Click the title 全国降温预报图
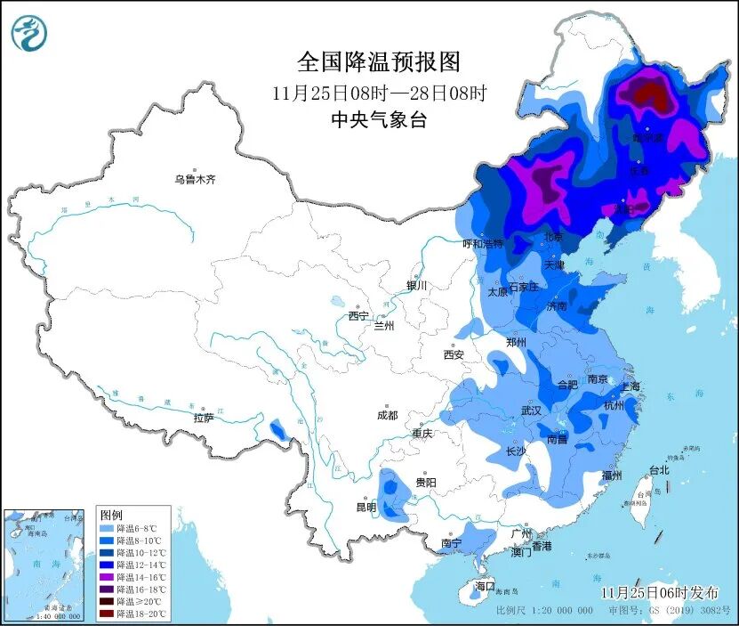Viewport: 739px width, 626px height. coord(379,61)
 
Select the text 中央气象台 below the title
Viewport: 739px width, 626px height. coord(379,120)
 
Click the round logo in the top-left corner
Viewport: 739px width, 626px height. coord(28,33)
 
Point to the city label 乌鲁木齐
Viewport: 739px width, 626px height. coord(195,179)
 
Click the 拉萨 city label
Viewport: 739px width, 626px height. coord(204,418)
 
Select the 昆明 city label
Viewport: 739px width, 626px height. coord(365,508)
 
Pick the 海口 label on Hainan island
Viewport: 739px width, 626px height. coord(484,586)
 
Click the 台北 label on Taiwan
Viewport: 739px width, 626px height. coord(658,469)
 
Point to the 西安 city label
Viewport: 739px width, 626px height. coord(454,354)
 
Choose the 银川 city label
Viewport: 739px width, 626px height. coord(417,286)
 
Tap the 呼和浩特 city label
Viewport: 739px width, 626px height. coord(483,243)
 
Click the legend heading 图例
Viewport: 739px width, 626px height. coord(111,516)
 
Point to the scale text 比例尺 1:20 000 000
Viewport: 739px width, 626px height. coord(544,611)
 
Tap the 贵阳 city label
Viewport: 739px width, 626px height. coord(425,482)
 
